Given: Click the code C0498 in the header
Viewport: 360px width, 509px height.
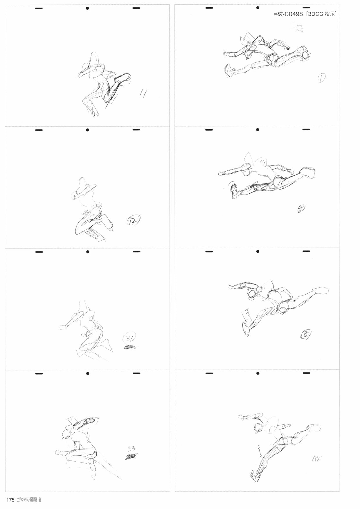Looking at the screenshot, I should pyautogui.click(x=291, y=14).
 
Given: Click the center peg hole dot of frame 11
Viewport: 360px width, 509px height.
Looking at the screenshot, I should pyautogui.click(x=87, y=8).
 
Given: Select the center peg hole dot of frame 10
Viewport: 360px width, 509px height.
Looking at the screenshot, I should pyautogui.click(x=258, y=373).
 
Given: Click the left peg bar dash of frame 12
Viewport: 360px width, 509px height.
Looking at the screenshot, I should pyautogui.click(x=39, y=130).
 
